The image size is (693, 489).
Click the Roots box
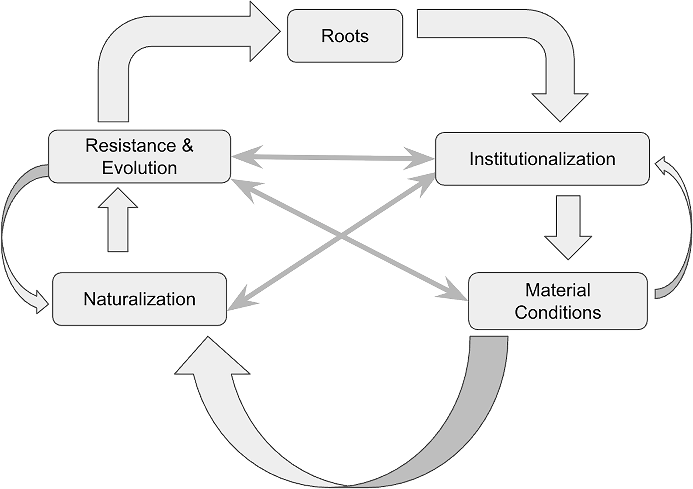tap(345, 36)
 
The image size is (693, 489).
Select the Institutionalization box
tap(542, 159)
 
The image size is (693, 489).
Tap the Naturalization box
tap(139, 299)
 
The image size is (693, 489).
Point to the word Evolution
tap(139, 168)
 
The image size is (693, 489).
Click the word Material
tap(557, 290)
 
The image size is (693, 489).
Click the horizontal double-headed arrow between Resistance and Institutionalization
tap(332, 158)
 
